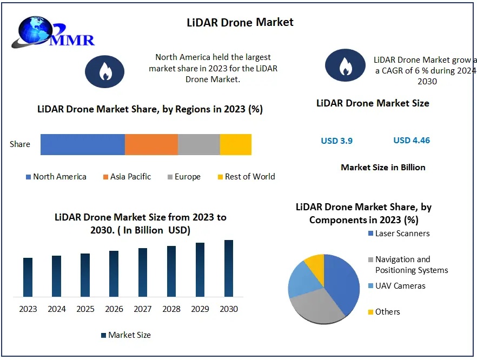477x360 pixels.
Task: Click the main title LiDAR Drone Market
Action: point(240,22)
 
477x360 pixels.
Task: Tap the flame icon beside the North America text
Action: point(104,71)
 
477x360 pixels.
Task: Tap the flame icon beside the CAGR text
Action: point(345,66)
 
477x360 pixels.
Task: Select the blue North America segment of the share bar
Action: point(82,144)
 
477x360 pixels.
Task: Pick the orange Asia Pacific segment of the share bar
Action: point(151,144)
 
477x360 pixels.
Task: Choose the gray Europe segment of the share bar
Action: point(198,144)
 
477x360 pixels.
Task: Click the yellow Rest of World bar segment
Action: point(236,144)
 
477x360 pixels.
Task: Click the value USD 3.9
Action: point(336,141)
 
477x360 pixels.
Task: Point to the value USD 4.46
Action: point(412,141)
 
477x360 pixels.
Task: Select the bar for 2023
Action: point(28,277)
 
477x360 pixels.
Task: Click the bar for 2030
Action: point(229,268)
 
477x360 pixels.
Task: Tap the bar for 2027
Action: point(143,272)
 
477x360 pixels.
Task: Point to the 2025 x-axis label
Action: point(85,309)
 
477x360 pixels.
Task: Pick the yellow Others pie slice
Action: point(315,265)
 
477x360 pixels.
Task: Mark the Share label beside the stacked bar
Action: point(20,144)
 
